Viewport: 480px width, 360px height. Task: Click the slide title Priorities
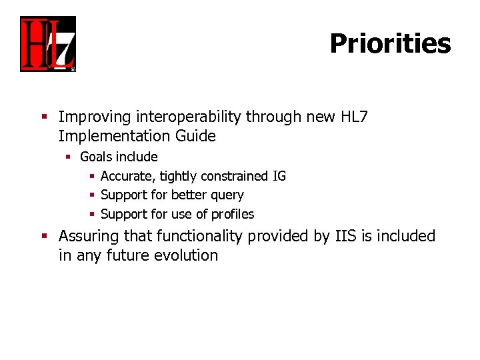[x=390, y=44]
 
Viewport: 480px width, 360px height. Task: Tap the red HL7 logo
[x=48, y=44]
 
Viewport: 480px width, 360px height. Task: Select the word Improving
[x=95, y=117]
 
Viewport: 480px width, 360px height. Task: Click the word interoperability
[x=189, y=117]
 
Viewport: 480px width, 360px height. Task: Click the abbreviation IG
[x=279, y=177]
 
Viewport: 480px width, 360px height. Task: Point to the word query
[x=227, y=195]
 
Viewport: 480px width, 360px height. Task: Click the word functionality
[x=201, y=237]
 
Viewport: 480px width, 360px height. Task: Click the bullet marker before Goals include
[x=68, y=157]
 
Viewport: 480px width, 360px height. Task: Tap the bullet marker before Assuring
[x=45, y=237]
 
